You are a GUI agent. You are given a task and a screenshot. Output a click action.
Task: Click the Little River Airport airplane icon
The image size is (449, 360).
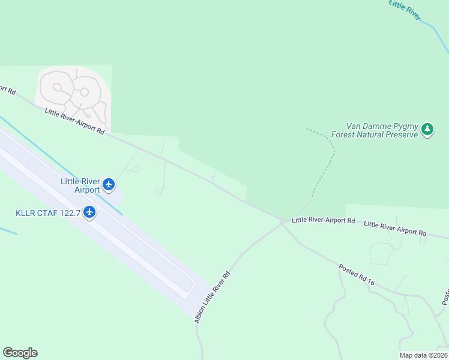[x=109, y=184]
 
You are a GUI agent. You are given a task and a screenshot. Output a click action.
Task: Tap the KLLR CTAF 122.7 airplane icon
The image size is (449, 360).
[x=89, y=212]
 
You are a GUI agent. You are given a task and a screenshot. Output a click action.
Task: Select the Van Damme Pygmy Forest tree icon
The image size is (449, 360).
[x=427, y=129]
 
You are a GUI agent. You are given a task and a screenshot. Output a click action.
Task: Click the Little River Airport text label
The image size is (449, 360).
[x=80, y=185]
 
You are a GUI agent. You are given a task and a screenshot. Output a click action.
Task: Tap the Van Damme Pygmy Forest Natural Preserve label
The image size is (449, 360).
[x=373, y=131]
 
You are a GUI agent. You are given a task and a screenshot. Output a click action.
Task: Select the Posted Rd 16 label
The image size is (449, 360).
[x=356, y=274]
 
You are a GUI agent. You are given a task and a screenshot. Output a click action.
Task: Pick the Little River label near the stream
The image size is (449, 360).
[x=405, y=11]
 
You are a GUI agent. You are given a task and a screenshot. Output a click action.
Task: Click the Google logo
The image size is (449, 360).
[x=20, y=353]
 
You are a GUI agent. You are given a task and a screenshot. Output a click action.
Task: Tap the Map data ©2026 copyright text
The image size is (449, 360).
[x=424, y=355]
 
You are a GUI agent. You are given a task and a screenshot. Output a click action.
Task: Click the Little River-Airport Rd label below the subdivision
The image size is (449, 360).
[x=74, y=121]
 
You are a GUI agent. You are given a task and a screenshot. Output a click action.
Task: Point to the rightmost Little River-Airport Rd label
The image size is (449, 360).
[x=395, y=229]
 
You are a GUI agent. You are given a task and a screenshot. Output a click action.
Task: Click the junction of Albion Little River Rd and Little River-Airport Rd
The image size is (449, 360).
[x=283, y=222]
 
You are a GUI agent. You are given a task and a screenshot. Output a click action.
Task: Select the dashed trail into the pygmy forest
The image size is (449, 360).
[x=330, y=162]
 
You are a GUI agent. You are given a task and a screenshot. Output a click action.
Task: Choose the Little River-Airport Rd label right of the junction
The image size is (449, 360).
[x=323, y=220]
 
